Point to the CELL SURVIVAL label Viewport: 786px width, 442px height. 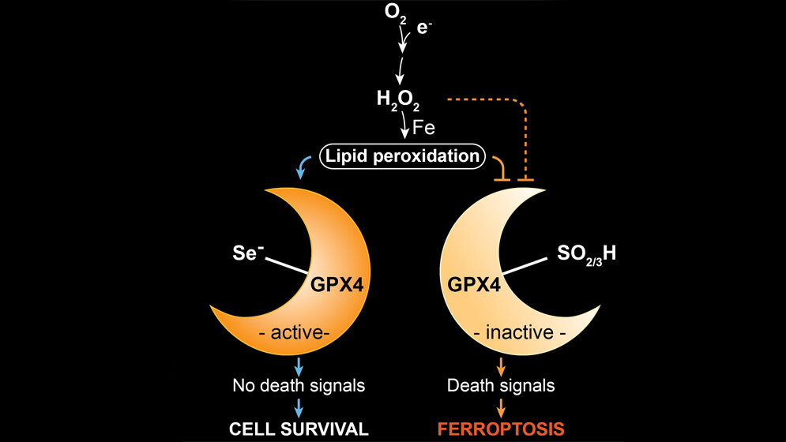click(299, 429)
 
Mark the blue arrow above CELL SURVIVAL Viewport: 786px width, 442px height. click(299, 408)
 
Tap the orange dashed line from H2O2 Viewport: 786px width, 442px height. click(490, 100)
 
